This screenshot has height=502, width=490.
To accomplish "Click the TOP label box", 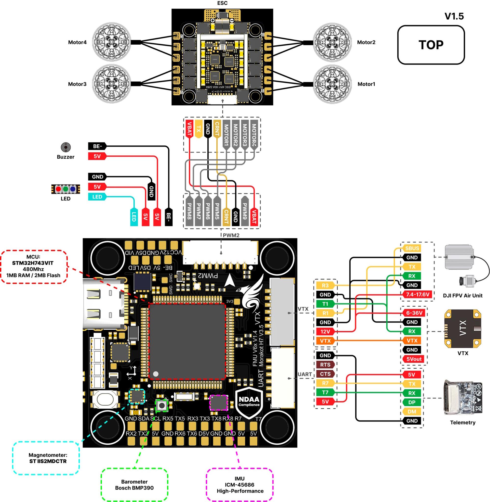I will click(431, 45).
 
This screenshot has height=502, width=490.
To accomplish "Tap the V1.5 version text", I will click(454, 16).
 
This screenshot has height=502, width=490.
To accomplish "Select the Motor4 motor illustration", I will click(111, 42).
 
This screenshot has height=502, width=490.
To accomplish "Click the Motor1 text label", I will click(366, 84).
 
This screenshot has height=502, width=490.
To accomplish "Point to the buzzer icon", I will click(66, 147).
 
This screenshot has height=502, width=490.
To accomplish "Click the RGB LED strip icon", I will click(66, 189).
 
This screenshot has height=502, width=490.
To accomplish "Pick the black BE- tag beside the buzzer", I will click(97, 146).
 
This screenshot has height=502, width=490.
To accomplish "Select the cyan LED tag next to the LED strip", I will click(97, 197).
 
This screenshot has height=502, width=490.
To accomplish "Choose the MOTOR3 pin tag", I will click(245, 135).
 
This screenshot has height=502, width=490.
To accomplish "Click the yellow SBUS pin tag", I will click(412, 248).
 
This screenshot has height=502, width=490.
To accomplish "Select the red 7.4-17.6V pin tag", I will click(417, 294).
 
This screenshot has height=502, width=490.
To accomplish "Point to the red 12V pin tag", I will click(325, 332).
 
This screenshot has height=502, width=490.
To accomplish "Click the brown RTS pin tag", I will click(325, 365).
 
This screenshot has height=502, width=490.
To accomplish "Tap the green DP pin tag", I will click(412, 402).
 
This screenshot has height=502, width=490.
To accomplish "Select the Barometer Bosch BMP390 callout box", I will click(134, 485).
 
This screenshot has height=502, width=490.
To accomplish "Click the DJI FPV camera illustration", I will click(467, 281).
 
